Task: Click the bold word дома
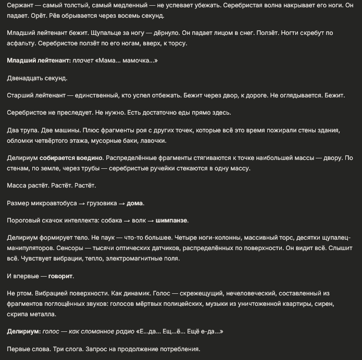[135, 203]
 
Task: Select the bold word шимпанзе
[172, 220]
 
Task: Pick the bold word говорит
[61, 276]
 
